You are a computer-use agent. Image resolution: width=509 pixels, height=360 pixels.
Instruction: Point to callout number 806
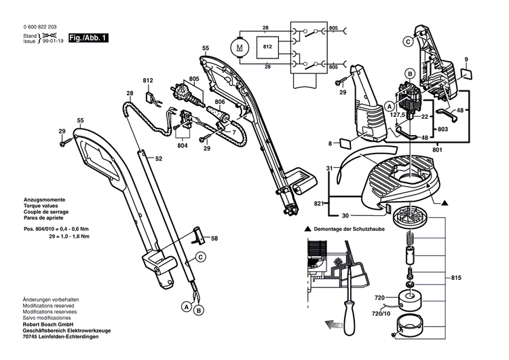point(219,102)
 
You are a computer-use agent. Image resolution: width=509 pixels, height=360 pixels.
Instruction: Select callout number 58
point(214,239)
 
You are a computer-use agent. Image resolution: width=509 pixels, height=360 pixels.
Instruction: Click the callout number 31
point(329,168)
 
